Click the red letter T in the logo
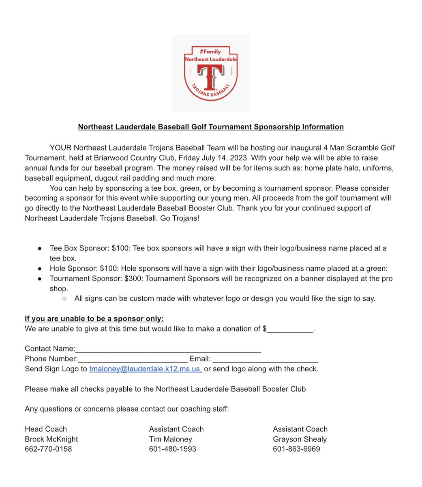point(210,77)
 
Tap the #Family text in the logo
point(210,52)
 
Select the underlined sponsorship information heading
point(211,127)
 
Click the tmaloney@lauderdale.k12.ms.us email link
point(145,369)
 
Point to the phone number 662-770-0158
point(48,449)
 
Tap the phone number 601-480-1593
point(172,449)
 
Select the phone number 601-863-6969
point(296,449)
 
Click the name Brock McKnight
point(51,439)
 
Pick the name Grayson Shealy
point(300,439)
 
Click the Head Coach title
point(46,429)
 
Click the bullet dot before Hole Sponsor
point(39,269)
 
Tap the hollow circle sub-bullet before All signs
point(64,299)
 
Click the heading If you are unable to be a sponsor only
point(94,319)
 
